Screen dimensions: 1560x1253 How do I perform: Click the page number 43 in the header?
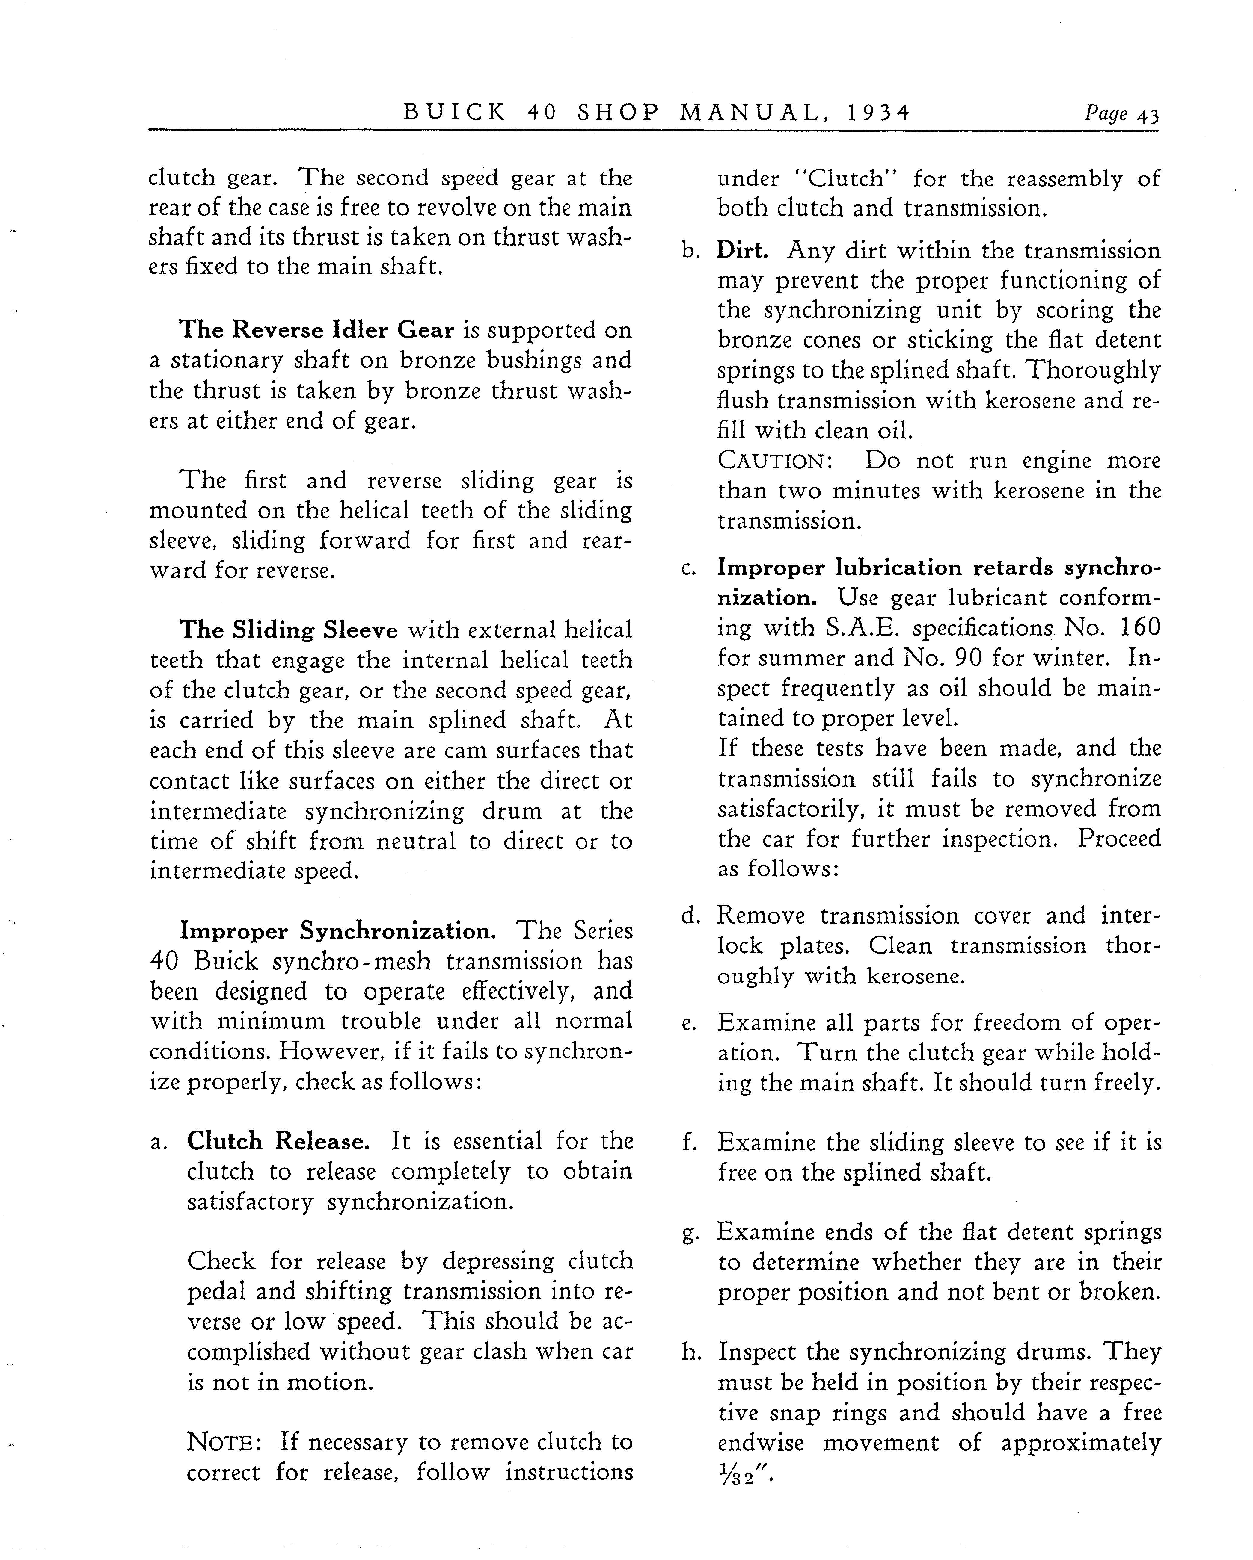click(x=1148, y=114)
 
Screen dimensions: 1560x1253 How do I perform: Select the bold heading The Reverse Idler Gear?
click(x=317, y=330)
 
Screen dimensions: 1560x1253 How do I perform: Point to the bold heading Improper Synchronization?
click(x=337, y=930)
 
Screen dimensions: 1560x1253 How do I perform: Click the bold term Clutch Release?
click(x=279, y=1141)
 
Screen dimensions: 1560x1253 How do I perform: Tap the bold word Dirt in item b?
click(x=742, y=250)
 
